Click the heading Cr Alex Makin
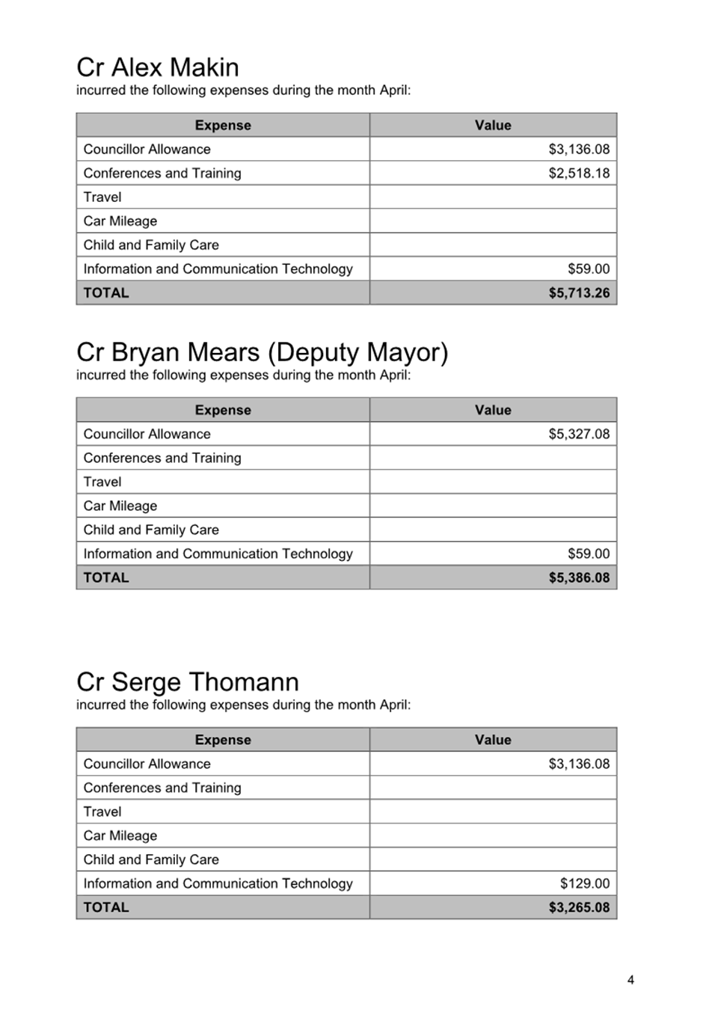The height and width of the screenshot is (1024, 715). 157,67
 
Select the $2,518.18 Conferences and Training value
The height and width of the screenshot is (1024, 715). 579,173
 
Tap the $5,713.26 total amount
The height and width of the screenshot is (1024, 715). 579,292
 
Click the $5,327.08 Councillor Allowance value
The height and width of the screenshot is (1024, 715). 579,434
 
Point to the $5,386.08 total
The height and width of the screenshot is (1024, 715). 579,577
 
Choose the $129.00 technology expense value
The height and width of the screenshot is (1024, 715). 584,883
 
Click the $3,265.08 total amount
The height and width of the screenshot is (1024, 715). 579,907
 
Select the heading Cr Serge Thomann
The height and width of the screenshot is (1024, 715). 187,682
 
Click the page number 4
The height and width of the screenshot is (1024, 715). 630,980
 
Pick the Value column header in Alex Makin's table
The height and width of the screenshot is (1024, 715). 493,125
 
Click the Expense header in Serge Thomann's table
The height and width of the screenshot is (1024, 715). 223,740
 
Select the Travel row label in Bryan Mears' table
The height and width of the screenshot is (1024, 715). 102,482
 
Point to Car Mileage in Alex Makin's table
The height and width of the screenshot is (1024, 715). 120,221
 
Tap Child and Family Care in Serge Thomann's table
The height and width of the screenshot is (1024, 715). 151,859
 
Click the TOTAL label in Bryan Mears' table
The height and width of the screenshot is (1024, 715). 106,577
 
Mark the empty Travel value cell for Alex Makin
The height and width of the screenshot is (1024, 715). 493,197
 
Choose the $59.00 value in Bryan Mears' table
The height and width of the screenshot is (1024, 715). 589,554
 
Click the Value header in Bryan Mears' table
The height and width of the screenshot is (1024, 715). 493,410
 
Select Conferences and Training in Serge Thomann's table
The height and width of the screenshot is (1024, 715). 162,788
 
